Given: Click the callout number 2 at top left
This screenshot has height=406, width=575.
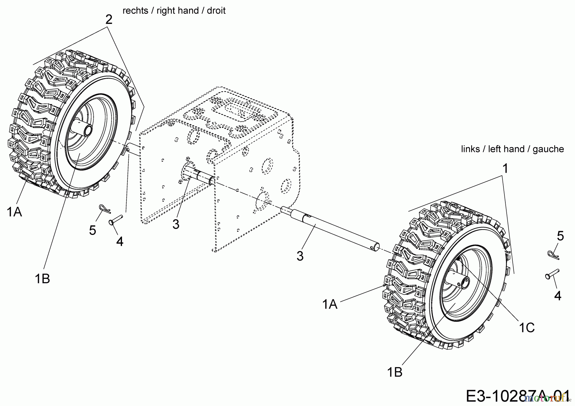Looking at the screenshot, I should pyautogui.click(x=109, y=20).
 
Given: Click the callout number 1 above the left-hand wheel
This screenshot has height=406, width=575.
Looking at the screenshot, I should pyautogui.click(x=505, y=169).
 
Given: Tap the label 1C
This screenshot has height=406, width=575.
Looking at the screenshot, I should pyautogui.click(x=527, y=328).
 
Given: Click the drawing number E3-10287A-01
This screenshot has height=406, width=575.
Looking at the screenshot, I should pyautogui.click(x=517, y=396).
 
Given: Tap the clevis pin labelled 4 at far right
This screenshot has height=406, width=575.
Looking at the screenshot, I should pyautogui.click(x=552, y=274).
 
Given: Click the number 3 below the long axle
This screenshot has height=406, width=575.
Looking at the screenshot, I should pyautogui.click(x=300, y=256).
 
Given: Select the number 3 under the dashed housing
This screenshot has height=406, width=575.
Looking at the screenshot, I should pyautogui.click(x=176, y=224).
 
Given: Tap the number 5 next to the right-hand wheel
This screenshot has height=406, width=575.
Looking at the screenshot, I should pyautogui.click(x=93, y=230).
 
